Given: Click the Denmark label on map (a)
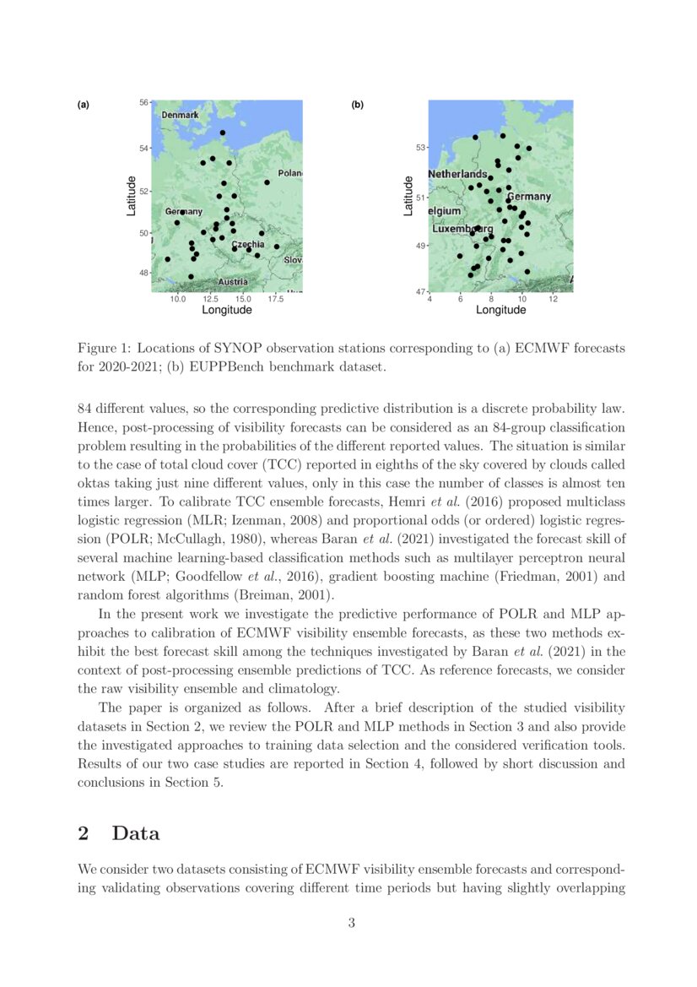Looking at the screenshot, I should (x=180, y=115).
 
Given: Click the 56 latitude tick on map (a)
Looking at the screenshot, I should (x=143, y=102).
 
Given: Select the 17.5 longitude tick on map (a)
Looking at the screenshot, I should (x=275, y=299).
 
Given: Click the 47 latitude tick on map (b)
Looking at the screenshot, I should (x=420, y=292).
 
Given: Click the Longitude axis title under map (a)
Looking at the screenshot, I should (x=227, y=310).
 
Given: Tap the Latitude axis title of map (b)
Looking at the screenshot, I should (x=408, y=195).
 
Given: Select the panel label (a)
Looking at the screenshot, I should (x=83, y=106).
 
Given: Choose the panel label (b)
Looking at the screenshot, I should (x=357, y=106).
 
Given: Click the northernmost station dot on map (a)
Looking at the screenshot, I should (x=223, y=133).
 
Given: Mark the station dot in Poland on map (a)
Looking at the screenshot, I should (x=267, y=182).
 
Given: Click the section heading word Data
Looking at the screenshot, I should (x=136, y=833).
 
